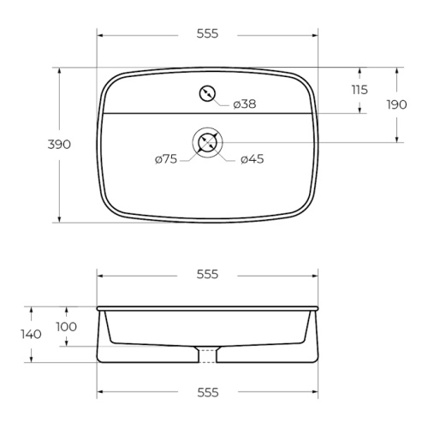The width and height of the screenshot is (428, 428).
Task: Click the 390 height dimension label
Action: pos(59,145)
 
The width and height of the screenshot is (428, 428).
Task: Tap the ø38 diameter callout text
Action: pos(245,104)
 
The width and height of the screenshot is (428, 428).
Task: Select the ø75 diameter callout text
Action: pos(166,159)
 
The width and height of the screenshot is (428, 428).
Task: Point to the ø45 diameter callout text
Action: pos(253,159)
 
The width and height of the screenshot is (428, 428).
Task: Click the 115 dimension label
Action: pos(360,90)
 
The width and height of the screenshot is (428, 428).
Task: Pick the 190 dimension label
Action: pos(396,104)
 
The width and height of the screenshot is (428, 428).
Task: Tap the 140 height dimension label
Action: pos(31,334)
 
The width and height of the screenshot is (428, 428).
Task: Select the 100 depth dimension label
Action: pos(67,327)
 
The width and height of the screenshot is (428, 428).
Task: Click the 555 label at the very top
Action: pos(207,33)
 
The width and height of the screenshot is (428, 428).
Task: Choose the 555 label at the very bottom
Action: pos(208,393)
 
